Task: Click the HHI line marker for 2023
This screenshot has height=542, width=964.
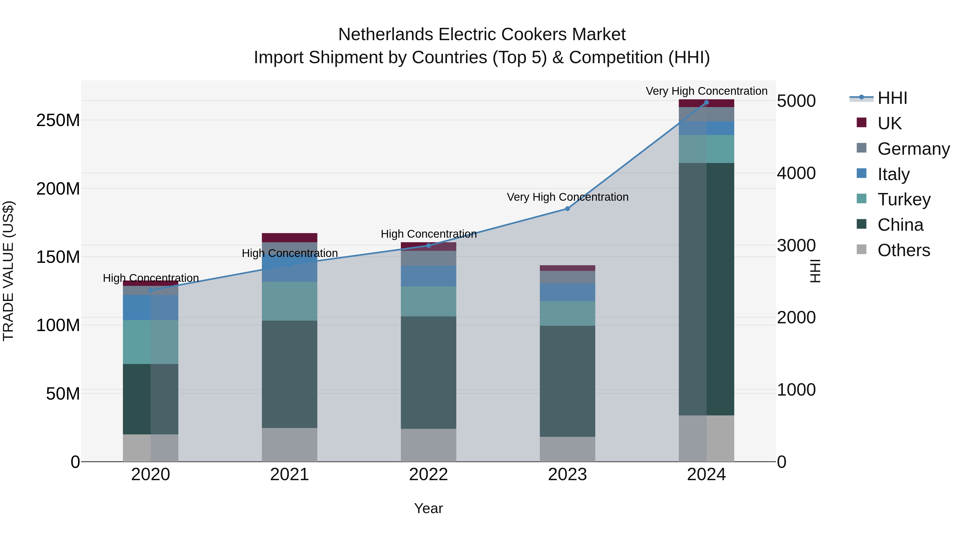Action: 567,209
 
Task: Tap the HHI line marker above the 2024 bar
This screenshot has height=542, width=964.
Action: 706,103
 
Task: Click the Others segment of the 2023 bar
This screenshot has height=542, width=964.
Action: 567,449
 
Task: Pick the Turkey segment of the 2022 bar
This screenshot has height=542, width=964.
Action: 428,301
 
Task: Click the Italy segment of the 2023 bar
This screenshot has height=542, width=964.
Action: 567,292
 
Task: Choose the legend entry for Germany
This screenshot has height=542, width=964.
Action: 913,149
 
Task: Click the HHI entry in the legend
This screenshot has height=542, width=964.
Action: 892,98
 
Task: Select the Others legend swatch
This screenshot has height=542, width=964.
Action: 861,249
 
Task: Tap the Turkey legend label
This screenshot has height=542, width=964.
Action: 904,199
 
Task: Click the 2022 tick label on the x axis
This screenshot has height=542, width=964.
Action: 428,475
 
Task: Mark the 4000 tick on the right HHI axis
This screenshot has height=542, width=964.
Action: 796,173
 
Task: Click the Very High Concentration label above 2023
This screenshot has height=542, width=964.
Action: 567,197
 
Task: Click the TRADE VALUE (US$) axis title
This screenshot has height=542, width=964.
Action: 8,271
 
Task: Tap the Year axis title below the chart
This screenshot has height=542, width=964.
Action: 428,508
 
